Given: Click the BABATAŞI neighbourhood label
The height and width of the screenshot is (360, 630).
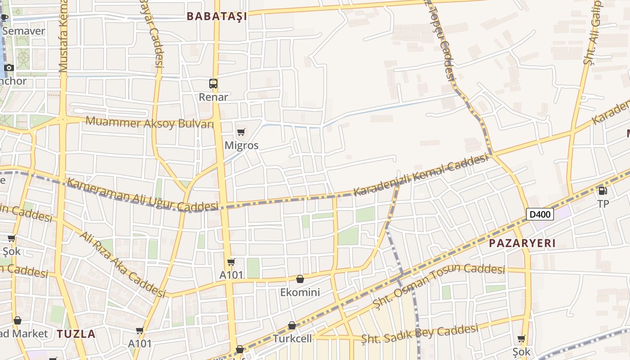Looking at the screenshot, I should (217, 17).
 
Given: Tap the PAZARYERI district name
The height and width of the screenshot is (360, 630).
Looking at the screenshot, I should (522, 243).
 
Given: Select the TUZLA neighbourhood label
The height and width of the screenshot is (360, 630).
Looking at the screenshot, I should (76, 334).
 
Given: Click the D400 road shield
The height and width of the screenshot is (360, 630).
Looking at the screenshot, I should (540, 214).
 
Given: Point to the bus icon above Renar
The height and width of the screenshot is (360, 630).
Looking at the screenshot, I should (213, 84).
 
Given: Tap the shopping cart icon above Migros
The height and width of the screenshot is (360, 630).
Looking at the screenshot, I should (241, 132).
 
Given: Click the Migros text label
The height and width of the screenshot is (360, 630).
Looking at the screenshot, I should (242, 145).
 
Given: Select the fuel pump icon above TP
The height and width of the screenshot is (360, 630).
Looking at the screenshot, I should (603, 191).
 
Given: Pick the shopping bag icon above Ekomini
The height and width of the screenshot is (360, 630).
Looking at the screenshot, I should (300, 279).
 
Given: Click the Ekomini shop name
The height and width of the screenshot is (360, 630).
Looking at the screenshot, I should (300, 292).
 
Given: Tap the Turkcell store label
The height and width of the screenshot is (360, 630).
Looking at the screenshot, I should (292, 338).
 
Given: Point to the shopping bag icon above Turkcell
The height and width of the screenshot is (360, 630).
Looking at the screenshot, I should (292, 325).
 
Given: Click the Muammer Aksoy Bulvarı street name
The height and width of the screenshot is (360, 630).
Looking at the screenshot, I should (149, 122).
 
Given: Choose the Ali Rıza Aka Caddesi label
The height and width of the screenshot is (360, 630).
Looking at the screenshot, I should (123, 264).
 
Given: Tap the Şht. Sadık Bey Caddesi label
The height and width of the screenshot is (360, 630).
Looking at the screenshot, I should (419, 335).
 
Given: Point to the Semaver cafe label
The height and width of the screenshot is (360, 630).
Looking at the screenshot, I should (23, 31).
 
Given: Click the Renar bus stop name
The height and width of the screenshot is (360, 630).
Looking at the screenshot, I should (213, 97).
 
